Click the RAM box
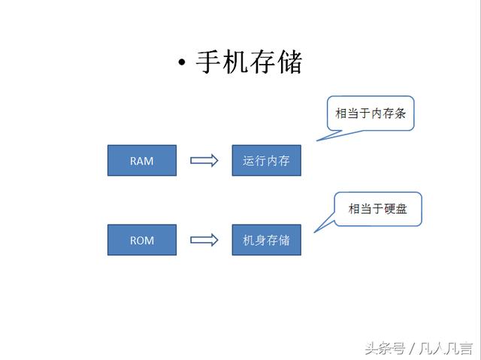point(142,160)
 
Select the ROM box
point(142,240)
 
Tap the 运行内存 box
point(267,160)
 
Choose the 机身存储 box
point(267,240)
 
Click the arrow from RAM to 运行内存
point(204,160)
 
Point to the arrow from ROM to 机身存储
point(204,240)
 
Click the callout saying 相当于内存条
point(371,113)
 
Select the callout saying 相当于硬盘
point(378,209)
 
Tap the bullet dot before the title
point(182,62)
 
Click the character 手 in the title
point(209,62)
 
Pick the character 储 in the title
point(290,62)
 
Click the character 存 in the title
point(263,62)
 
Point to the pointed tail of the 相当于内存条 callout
point(317,141)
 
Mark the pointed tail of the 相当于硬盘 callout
point(314,232)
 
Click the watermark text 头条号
point(385,348)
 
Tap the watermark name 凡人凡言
point(446,348)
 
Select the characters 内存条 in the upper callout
point(389,113)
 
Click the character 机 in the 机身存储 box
point(249,240)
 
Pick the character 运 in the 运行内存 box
point(249,161)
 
